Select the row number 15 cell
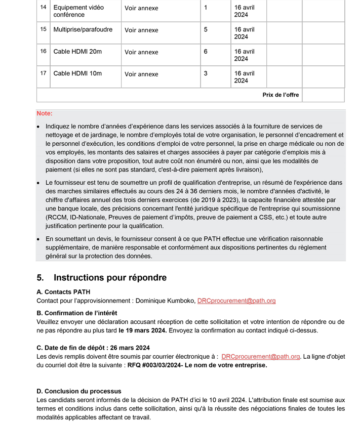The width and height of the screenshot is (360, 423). [44, 29]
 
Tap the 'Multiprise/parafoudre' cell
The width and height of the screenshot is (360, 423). [83, 29]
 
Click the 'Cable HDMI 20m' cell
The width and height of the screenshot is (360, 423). [77, 52]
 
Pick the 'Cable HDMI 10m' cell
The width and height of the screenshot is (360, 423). [77, 73]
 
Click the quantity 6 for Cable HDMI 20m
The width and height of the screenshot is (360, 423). [206, 52]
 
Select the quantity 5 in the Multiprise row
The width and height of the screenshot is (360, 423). [206, 29]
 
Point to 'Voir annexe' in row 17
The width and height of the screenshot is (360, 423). [141, 74]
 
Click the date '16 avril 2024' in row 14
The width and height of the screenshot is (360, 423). [245, 11]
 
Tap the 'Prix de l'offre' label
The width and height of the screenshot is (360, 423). [281, 95]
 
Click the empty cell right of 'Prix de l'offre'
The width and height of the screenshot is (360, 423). [323, 95]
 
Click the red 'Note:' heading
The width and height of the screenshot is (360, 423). [45, 114]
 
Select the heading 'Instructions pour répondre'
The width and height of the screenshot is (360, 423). [110, 278]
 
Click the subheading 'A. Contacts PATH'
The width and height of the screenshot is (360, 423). [63, 292]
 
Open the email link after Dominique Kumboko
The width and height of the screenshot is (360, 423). [236, 301]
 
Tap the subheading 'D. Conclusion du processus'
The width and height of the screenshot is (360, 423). [78, 391]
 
